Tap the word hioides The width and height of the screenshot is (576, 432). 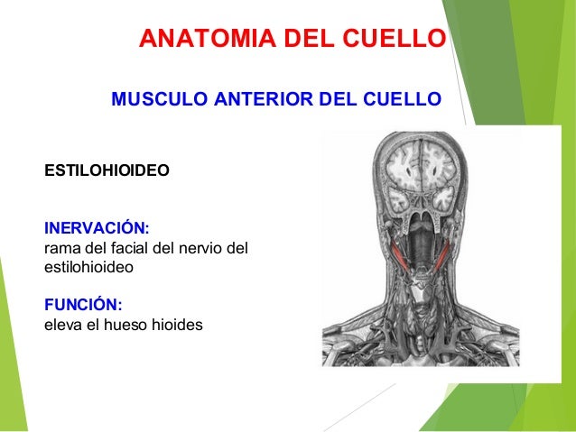tap(178, 323)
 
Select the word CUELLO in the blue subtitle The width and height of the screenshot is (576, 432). tap(404, 98)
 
